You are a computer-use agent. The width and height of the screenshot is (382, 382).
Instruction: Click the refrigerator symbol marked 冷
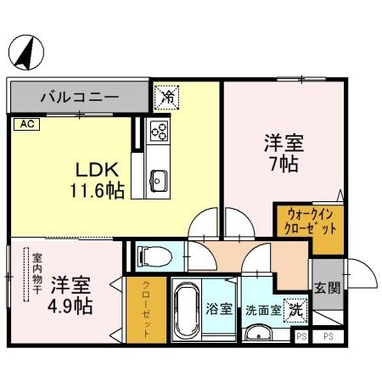click(166, 97)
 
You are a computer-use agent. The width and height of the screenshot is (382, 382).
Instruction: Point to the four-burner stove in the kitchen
click(159, 131)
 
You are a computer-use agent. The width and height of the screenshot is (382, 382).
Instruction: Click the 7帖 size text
click(283, 164)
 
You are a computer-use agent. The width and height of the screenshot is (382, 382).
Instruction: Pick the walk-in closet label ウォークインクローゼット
click(308, 222)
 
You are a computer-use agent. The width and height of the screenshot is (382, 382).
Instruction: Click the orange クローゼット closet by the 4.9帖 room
click(146, 311)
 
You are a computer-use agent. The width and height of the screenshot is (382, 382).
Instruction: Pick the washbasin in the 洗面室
click(256, 333)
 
